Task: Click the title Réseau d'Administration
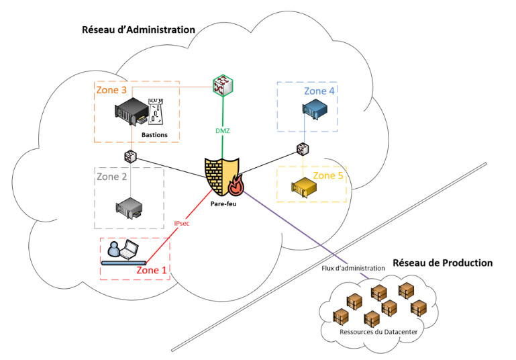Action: click(138, 30)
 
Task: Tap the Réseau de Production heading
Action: click(442, 263)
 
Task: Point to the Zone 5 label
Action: click(329, 176)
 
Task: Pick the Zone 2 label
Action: click(112, 177)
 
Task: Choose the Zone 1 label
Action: click(152, 270)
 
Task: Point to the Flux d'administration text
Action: click(354, 268)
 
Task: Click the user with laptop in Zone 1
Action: click(123, 251)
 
